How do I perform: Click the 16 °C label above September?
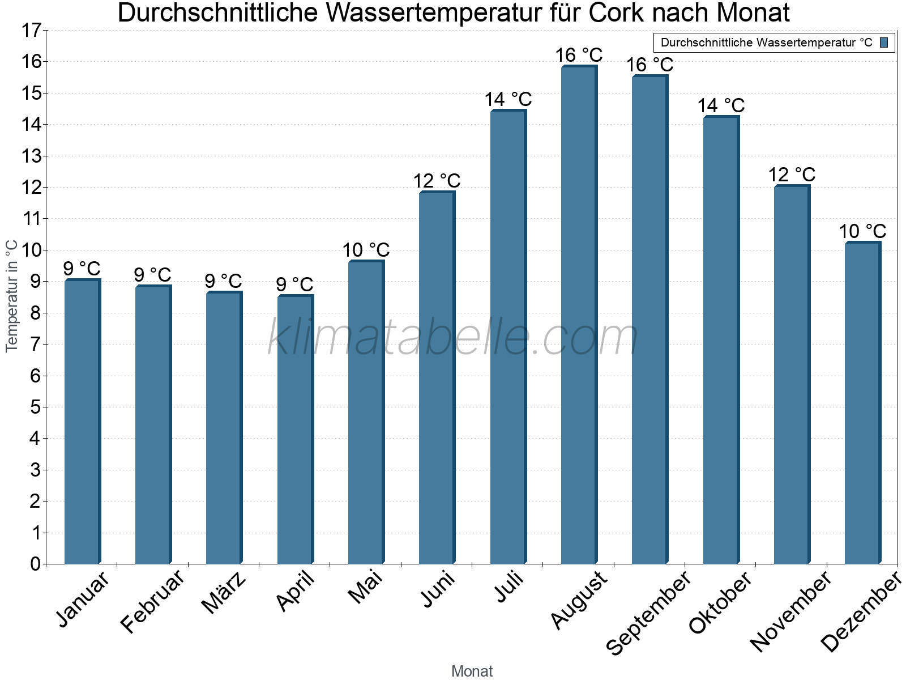(649, 65)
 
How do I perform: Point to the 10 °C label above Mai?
(366, 250)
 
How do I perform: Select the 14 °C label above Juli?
(508, 100)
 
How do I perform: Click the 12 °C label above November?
(792, 175)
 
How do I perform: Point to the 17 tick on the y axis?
(32, 31)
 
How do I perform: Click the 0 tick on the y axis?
(35, 564)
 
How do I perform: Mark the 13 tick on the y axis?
(32, 156)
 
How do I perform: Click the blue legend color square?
(884, 42)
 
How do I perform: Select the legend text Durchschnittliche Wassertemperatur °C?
(766, 42)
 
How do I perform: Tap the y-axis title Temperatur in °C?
(12, 296)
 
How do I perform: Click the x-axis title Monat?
(472, 671)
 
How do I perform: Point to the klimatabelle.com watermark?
(453, 337)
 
